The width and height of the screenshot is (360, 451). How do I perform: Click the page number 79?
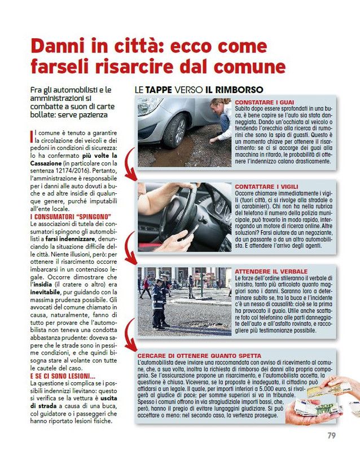tap(331, 435)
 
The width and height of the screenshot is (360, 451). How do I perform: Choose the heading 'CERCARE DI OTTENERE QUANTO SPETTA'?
tap(199, 356)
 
